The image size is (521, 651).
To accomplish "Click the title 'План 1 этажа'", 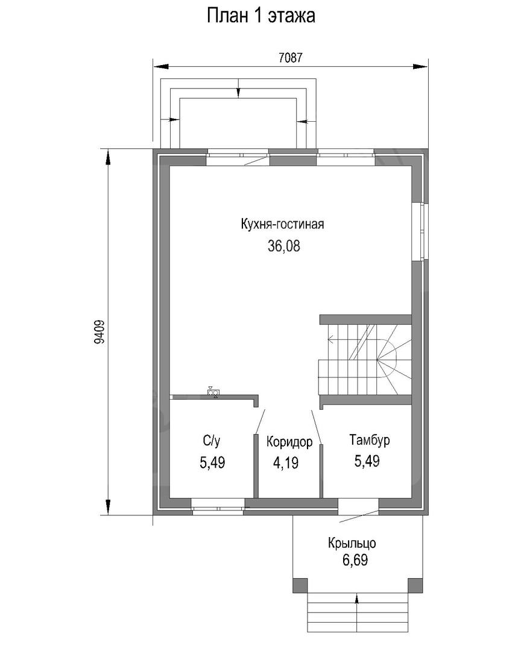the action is [261, 16].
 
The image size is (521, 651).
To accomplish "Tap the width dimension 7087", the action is [291, 58].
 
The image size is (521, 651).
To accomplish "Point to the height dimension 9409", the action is [99, 332].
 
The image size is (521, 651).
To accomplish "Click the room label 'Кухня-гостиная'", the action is [283, 224].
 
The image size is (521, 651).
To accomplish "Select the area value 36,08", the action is [284, 246].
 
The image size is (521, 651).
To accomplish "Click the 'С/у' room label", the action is [212, 441].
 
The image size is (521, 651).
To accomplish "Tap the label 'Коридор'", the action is [289, 442].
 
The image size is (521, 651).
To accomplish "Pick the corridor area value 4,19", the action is [285, 462].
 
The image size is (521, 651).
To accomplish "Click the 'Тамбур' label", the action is [370, 439].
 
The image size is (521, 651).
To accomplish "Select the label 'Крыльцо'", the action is [352, 542].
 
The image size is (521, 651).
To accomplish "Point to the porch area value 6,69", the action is [355, 561].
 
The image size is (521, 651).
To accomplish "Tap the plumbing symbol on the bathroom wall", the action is [214, 392].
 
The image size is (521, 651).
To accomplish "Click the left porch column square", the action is [301, 585].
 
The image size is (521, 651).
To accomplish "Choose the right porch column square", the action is [415, 585].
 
